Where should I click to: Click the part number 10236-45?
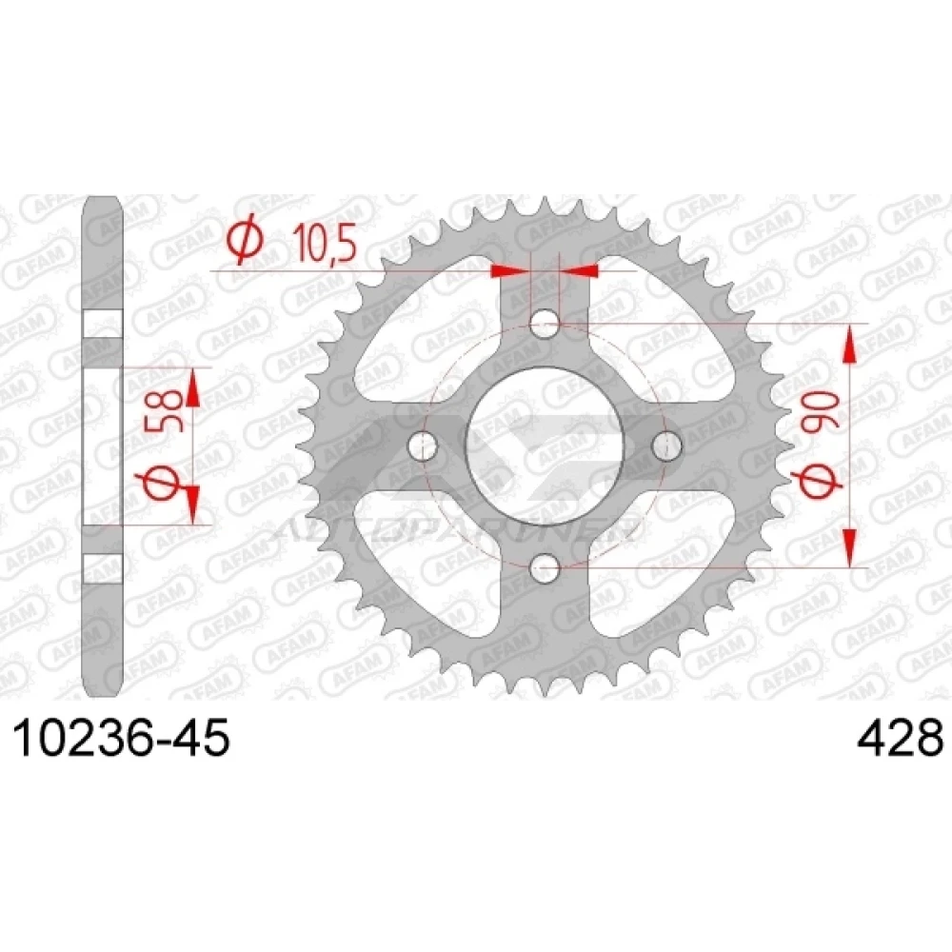point(122,737)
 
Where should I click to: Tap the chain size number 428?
point(900,737)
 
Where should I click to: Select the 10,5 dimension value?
point(321,242)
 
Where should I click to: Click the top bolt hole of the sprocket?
point(545,324)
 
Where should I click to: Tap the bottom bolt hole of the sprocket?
point(545,568)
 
